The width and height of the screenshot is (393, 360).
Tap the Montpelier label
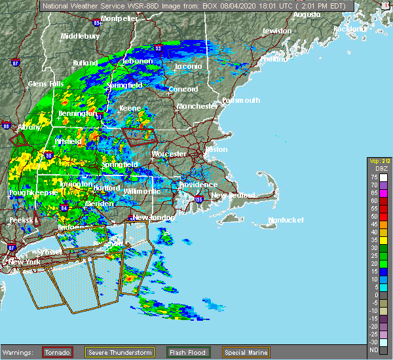pyautogui.click(x=119, y=19)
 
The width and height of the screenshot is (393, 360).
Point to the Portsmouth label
pyautogui.click(x=241, y=100)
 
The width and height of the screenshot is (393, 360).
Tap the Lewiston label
pyautogui.click(x=276, y=31)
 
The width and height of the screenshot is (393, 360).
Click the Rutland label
pyautogui.click(x=85, y=63)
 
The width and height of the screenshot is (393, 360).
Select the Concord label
pyautogui.click(x=183, y=89)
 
